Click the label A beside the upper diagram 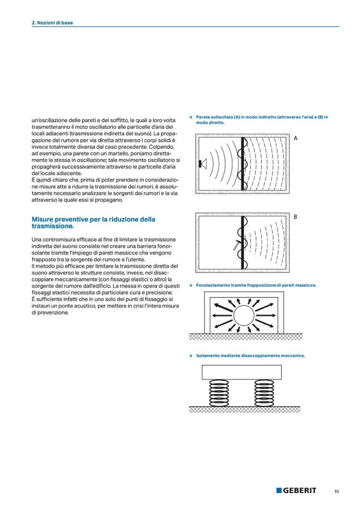click(296, 138)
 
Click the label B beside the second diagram click(296, 217)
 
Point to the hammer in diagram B click(236, 244)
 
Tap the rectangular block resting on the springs click(241, 372)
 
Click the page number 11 click(336, 491)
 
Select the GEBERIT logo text click(300, 490)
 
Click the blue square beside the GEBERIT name click(279, 490)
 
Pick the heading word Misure click(44, 219)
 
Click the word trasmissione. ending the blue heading click(53, 226)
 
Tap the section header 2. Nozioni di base click(52, 23)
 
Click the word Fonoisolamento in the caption click(213, 285)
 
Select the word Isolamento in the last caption click(207, 356)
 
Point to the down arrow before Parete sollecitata click(190, 117)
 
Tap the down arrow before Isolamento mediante click(190, 356)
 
